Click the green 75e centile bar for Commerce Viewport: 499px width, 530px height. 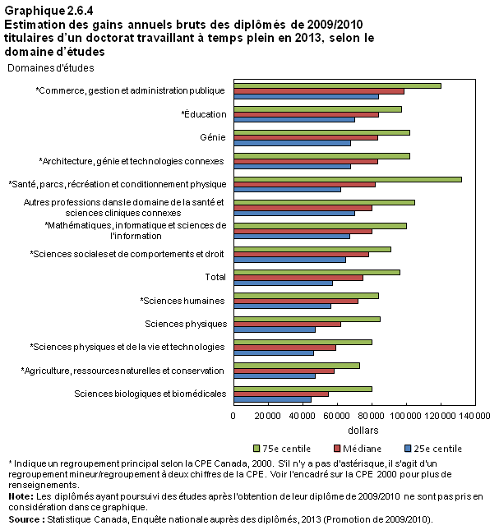[337, 85]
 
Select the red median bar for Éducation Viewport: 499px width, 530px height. [307, 115]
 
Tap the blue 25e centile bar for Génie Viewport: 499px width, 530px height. [293, 143]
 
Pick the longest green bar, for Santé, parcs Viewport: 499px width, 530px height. [348, 179]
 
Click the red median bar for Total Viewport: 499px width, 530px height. [298, 278]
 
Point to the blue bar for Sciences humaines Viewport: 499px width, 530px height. [283, 306]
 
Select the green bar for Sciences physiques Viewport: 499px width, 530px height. [307, 319]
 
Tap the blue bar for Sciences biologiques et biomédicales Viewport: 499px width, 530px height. [272, 399]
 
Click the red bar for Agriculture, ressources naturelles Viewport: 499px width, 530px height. [284, 371]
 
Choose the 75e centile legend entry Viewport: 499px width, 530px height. [282, 449]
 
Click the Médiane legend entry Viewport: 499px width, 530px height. [358, 449]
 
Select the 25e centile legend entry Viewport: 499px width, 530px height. [433, 449]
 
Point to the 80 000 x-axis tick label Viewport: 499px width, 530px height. [372, 416]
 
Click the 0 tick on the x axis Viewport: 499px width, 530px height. [233, 416]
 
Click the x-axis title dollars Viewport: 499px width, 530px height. [363, 431]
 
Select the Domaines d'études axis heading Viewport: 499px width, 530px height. [51, 68]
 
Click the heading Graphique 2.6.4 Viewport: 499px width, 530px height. [49, 11]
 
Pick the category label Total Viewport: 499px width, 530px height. [215, 277]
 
